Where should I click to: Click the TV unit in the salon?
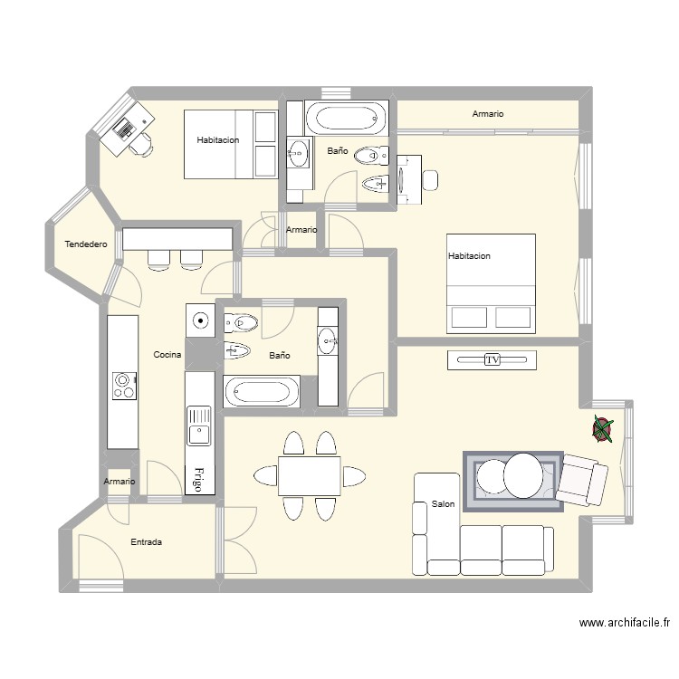click(x=493, y=359)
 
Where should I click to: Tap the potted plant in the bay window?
click(x=602, y=428)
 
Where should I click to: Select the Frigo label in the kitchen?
click(x=199, y=478)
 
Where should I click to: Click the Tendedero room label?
click(x=86, y=244)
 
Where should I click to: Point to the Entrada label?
click(x=147, y=542)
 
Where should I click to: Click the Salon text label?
click(x=443, y=504)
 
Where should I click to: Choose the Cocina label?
click(x=167, y=355)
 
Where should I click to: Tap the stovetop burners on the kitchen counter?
click(x=123, y=387)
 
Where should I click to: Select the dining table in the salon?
click(x=309, y=476)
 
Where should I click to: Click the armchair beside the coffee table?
click(x=581, y=480)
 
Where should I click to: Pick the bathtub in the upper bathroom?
click(x=345, y=118)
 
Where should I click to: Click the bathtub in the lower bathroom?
click(x=262, y=392)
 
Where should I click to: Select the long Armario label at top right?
click(x=487, y=114)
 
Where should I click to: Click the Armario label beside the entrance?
click(x=119, y=482)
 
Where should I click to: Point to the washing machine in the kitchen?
click(x=199, y=320)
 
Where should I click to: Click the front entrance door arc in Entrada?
click(x=100, y=556)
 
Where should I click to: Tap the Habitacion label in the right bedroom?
click(x=469, y=256)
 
